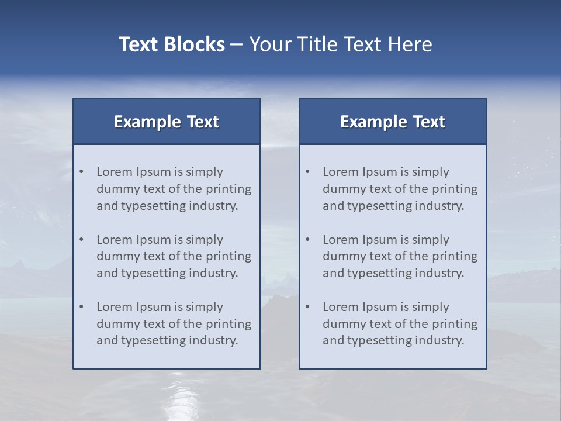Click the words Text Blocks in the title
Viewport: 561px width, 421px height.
pyautogui.click(x=172, y=44)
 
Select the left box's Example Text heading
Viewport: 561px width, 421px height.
pyautogui.click(x=167, y=122)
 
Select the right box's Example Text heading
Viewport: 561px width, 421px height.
pyautogui.click(x=393, y=122)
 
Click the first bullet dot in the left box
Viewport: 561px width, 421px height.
pyautogui.click(x=81, y=172)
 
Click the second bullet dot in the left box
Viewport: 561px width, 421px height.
pyautogui.click(x=81, y=240)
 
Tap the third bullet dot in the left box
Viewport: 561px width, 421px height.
pyautogui.click(x=81, y=307)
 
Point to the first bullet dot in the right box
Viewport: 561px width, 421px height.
pyautogui.click(x=307, y=172)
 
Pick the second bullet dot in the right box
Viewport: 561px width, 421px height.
pyautogui.click(x=307, y=240)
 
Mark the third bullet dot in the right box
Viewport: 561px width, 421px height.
pyautogui.click(x=307, y=307)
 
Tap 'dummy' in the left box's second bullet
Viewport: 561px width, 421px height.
pyautogui.click(x=115, y=256)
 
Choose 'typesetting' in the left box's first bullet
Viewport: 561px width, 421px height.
pyautogui.click(x=152, y=206)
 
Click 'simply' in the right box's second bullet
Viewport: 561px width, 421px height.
pyautogui.click(x=430, y=240)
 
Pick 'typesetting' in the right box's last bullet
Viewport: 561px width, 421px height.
pyautogui.click(x=378, y=340)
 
